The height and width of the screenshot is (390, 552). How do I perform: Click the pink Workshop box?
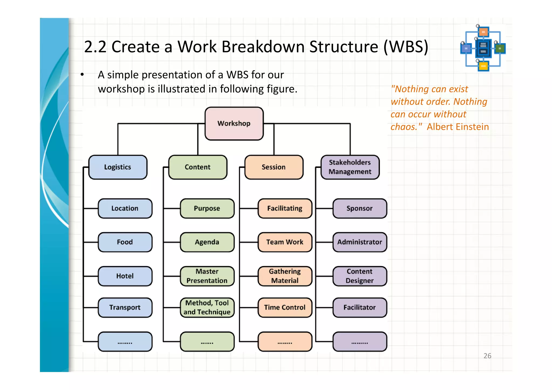click(x=234, y=123)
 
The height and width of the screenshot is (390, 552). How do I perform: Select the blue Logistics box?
click(x=118, y=167)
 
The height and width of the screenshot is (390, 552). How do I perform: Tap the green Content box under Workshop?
click(x=198, y=167)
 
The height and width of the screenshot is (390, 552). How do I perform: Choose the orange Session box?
click(x=274, y=167)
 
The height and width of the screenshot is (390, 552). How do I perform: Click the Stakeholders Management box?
click(x=350, y=167)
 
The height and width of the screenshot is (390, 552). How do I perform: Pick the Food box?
click(x=125, y=242)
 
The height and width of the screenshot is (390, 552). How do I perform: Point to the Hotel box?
click(x=125, y=276)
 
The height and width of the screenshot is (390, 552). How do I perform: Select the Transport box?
click(x=125, y=307)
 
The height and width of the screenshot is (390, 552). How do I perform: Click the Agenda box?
click(x=207, y=242)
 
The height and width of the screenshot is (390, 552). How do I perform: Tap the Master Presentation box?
click(x=207, y=276)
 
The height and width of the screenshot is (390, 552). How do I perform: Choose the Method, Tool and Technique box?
click(x=207, y=307)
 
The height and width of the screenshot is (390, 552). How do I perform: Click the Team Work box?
click(x=285, y=242)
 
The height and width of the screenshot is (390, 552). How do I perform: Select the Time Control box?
click(x=285, y=307)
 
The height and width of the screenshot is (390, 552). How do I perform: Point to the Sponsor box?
click(x=360, y=208)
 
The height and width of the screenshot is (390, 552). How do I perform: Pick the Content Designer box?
click(x=360, y=276)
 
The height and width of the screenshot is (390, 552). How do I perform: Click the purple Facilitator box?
click(x=360, y=307)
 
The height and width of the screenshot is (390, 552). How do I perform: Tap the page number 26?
click(x=487, y=356)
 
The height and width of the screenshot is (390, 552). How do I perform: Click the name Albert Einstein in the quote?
click(x=458, y=127)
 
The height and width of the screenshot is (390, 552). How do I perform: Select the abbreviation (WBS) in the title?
click(x=406, y=47)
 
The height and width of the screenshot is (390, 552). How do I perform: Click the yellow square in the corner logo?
click(x=483, y=66)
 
